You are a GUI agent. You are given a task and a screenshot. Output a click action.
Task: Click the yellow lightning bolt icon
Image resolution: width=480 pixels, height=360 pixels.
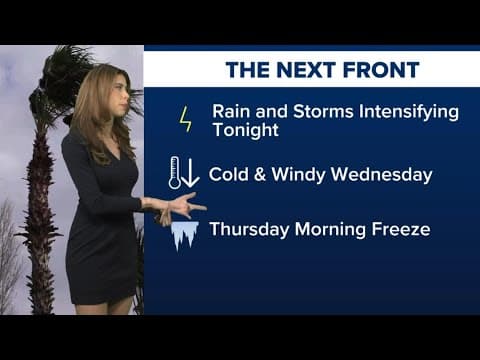[x=185, y=119]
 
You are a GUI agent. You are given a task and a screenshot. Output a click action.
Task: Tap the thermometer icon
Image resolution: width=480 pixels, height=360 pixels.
[x=175, y=173]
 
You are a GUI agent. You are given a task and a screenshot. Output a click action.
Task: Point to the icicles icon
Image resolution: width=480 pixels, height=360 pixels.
[x=184, y=233]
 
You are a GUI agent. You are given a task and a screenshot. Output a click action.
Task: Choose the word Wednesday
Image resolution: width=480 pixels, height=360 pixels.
[x=386, y=174]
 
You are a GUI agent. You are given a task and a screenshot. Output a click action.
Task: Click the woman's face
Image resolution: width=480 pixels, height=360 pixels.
[x=118, y=95]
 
